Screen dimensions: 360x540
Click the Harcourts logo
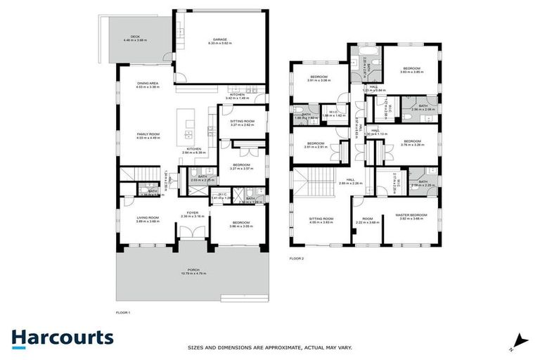coord(62,337)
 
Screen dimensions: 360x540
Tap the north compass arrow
coord(519,340)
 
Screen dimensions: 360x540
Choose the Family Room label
coord(148,136)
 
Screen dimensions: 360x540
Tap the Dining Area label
coord(148,85)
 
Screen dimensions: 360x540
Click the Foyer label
coord(192,214)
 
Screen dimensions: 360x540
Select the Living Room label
coord(148,219)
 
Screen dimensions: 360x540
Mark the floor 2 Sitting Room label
coord(321,220)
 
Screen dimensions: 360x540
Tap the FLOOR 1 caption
coord(123,311)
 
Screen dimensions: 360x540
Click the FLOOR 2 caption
coord(297,259)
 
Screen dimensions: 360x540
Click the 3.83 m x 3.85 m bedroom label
coord(410,70)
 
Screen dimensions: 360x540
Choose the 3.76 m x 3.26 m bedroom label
coord(410,142)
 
